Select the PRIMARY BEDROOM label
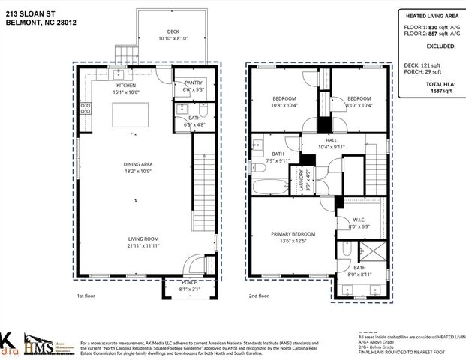[x=293, y=234]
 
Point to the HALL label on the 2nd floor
[x=332, y=140]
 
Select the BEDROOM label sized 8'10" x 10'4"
[x=359, y=98]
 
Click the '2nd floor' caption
[x=258, y=296]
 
